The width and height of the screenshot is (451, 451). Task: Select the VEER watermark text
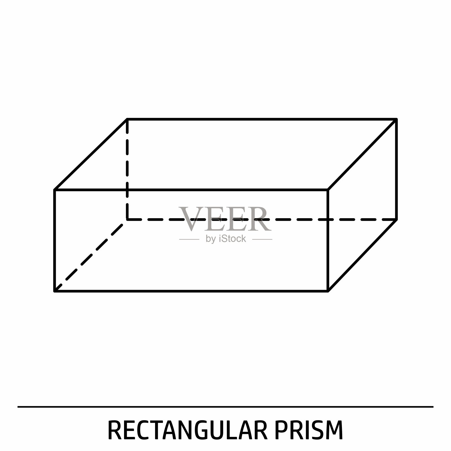click(x=225, y=219)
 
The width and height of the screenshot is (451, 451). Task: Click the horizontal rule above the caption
click(x=225, y=407)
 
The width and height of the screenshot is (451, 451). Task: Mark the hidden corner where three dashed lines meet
click(x=127, y=219)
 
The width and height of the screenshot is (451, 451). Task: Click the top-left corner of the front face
click(x=54, y=190)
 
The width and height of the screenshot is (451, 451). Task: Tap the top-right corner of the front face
click(x=328, y=190)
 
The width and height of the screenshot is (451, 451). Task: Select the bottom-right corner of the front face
click(x=328, y=291)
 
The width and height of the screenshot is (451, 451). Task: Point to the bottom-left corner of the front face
click(x=54, y=291)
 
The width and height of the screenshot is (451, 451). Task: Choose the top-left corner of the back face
click(x=127, y=119)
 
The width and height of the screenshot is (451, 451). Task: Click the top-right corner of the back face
click(x=396, y=119)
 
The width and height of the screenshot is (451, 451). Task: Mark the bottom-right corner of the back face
click(x=396, y=219)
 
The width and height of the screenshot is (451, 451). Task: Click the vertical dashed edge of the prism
click(x=127, y=169)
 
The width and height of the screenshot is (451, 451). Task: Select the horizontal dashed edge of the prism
click(x=262, y=219)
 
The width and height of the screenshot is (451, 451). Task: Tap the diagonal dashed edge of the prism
click(x=91, y=255)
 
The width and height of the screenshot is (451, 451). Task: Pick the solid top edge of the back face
click(x=262, y=119)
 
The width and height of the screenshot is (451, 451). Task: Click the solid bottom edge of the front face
click(x=191, y=291)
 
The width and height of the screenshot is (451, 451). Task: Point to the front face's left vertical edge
click(x=54, y=240)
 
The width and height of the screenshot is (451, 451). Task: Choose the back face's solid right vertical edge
click(x=396, y=169)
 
